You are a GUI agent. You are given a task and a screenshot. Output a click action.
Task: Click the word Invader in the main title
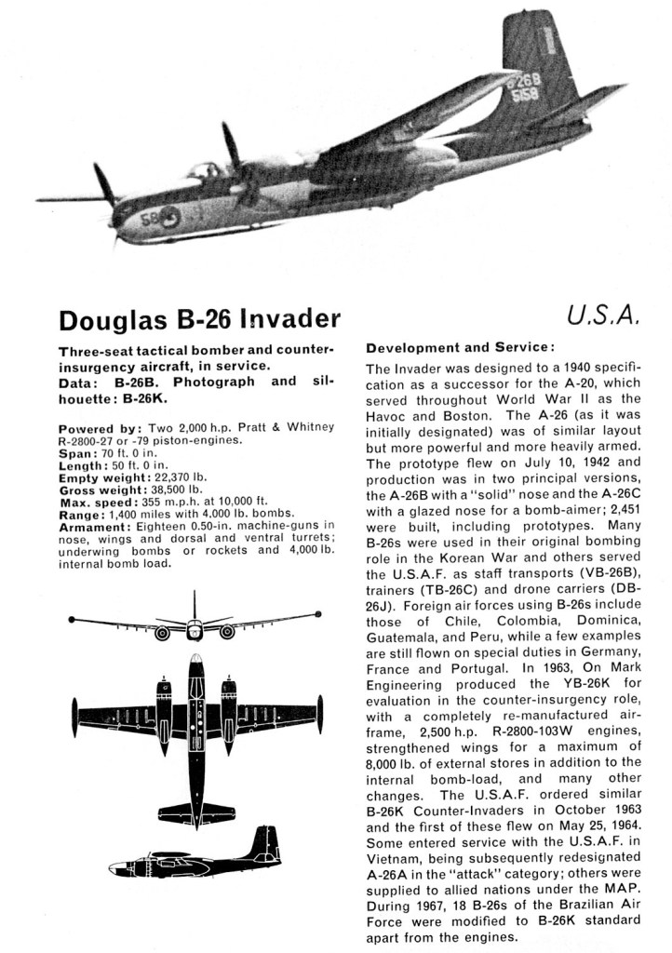point(289,319)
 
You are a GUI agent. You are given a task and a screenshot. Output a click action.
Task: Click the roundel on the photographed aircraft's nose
point(172,217)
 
